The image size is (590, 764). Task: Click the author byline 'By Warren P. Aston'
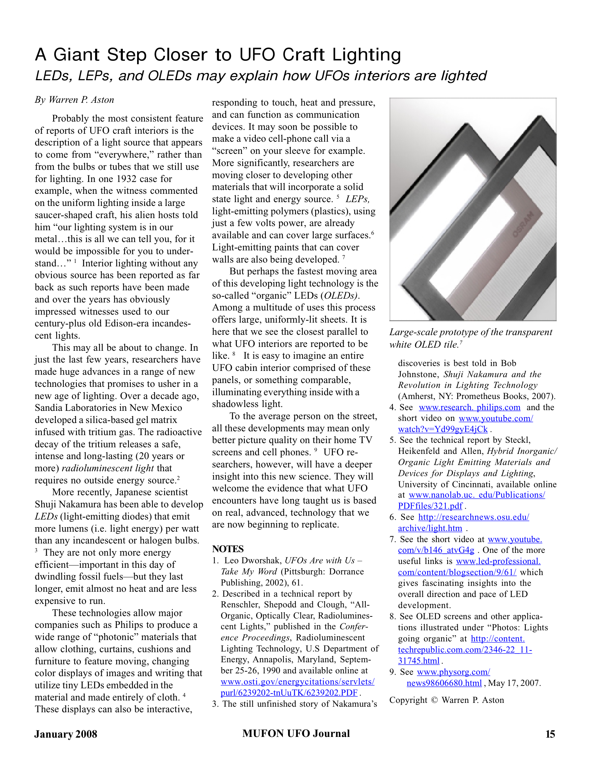point(75,100)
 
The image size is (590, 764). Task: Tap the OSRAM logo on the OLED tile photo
point(523,224)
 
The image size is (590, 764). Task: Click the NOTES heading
point(228,549)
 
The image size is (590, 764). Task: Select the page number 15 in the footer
point(550,734)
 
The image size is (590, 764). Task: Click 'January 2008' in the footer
point(66,734)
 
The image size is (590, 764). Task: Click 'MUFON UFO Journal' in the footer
point(296,733)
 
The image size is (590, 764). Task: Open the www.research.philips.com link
point(470,408)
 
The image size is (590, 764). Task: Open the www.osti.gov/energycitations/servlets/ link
point(297,682)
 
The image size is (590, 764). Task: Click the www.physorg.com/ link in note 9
point(453,672)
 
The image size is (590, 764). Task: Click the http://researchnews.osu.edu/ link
point(474,517)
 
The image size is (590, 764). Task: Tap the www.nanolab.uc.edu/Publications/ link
point(477,495)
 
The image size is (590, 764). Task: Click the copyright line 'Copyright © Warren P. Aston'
point(446,700)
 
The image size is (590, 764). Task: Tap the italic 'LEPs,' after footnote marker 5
point(357,199)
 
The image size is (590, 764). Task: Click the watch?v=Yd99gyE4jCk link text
point(442,429)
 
